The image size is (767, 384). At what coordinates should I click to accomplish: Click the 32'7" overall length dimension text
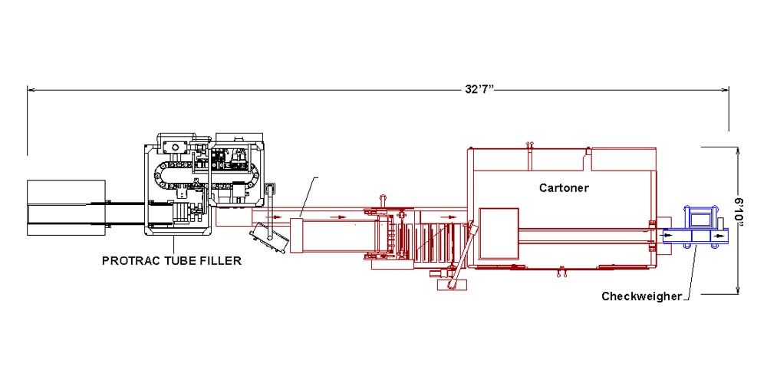click(479, 90)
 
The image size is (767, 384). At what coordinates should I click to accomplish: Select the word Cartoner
click(564, 187)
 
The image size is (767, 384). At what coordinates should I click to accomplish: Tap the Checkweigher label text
click(641, 296)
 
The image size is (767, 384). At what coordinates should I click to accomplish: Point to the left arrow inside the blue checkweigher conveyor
click(670, 236)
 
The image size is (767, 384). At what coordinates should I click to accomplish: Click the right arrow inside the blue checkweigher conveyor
click(719, 236)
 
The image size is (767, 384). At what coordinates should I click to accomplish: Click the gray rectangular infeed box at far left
click(66, 207)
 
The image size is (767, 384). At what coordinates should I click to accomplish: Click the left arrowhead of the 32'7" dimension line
click(31, 90)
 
